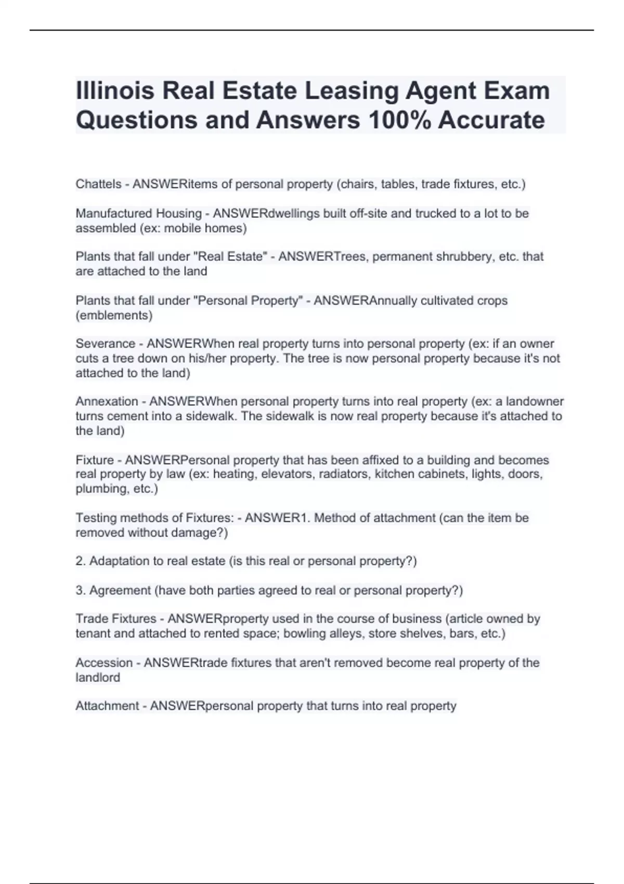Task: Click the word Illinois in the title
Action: coord(115,90)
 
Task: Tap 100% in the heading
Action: coord(399,120)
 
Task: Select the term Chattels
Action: coord(98,184)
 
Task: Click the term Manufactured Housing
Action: coord(138,213)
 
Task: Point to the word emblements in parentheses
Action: coord(114,315)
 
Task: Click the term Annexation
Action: coord(107,401)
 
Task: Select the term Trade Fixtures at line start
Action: coord(115,619)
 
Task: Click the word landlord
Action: coord(98,678)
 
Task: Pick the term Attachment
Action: coord(107,706)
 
